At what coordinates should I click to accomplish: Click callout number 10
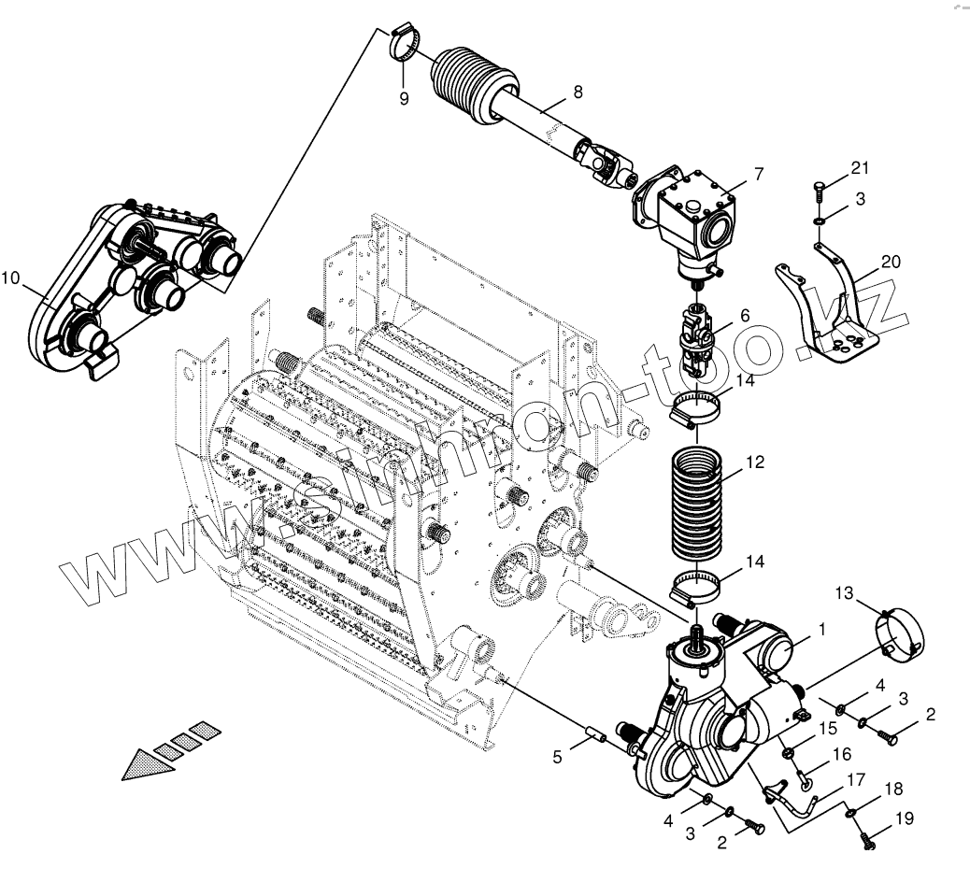(10, 277)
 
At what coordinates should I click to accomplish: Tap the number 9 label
(404, 99)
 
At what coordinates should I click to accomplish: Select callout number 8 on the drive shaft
(578, 92)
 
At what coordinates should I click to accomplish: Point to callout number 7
(759, 174)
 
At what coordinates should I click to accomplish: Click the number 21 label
(860, 168)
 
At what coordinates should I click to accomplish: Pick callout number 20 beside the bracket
(891, 262)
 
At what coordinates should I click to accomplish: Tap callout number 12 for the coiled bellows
(755, 462)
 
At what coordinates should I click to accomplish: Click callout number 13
(844, 592)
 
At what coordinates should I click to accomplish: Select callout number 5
(557, 758)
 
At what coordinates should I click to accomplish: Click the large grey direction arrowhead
(149, 763)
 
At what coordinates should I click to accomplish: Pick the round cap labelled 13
(900, 633)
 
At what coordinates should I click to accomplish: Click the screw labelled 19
(868, 841)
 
